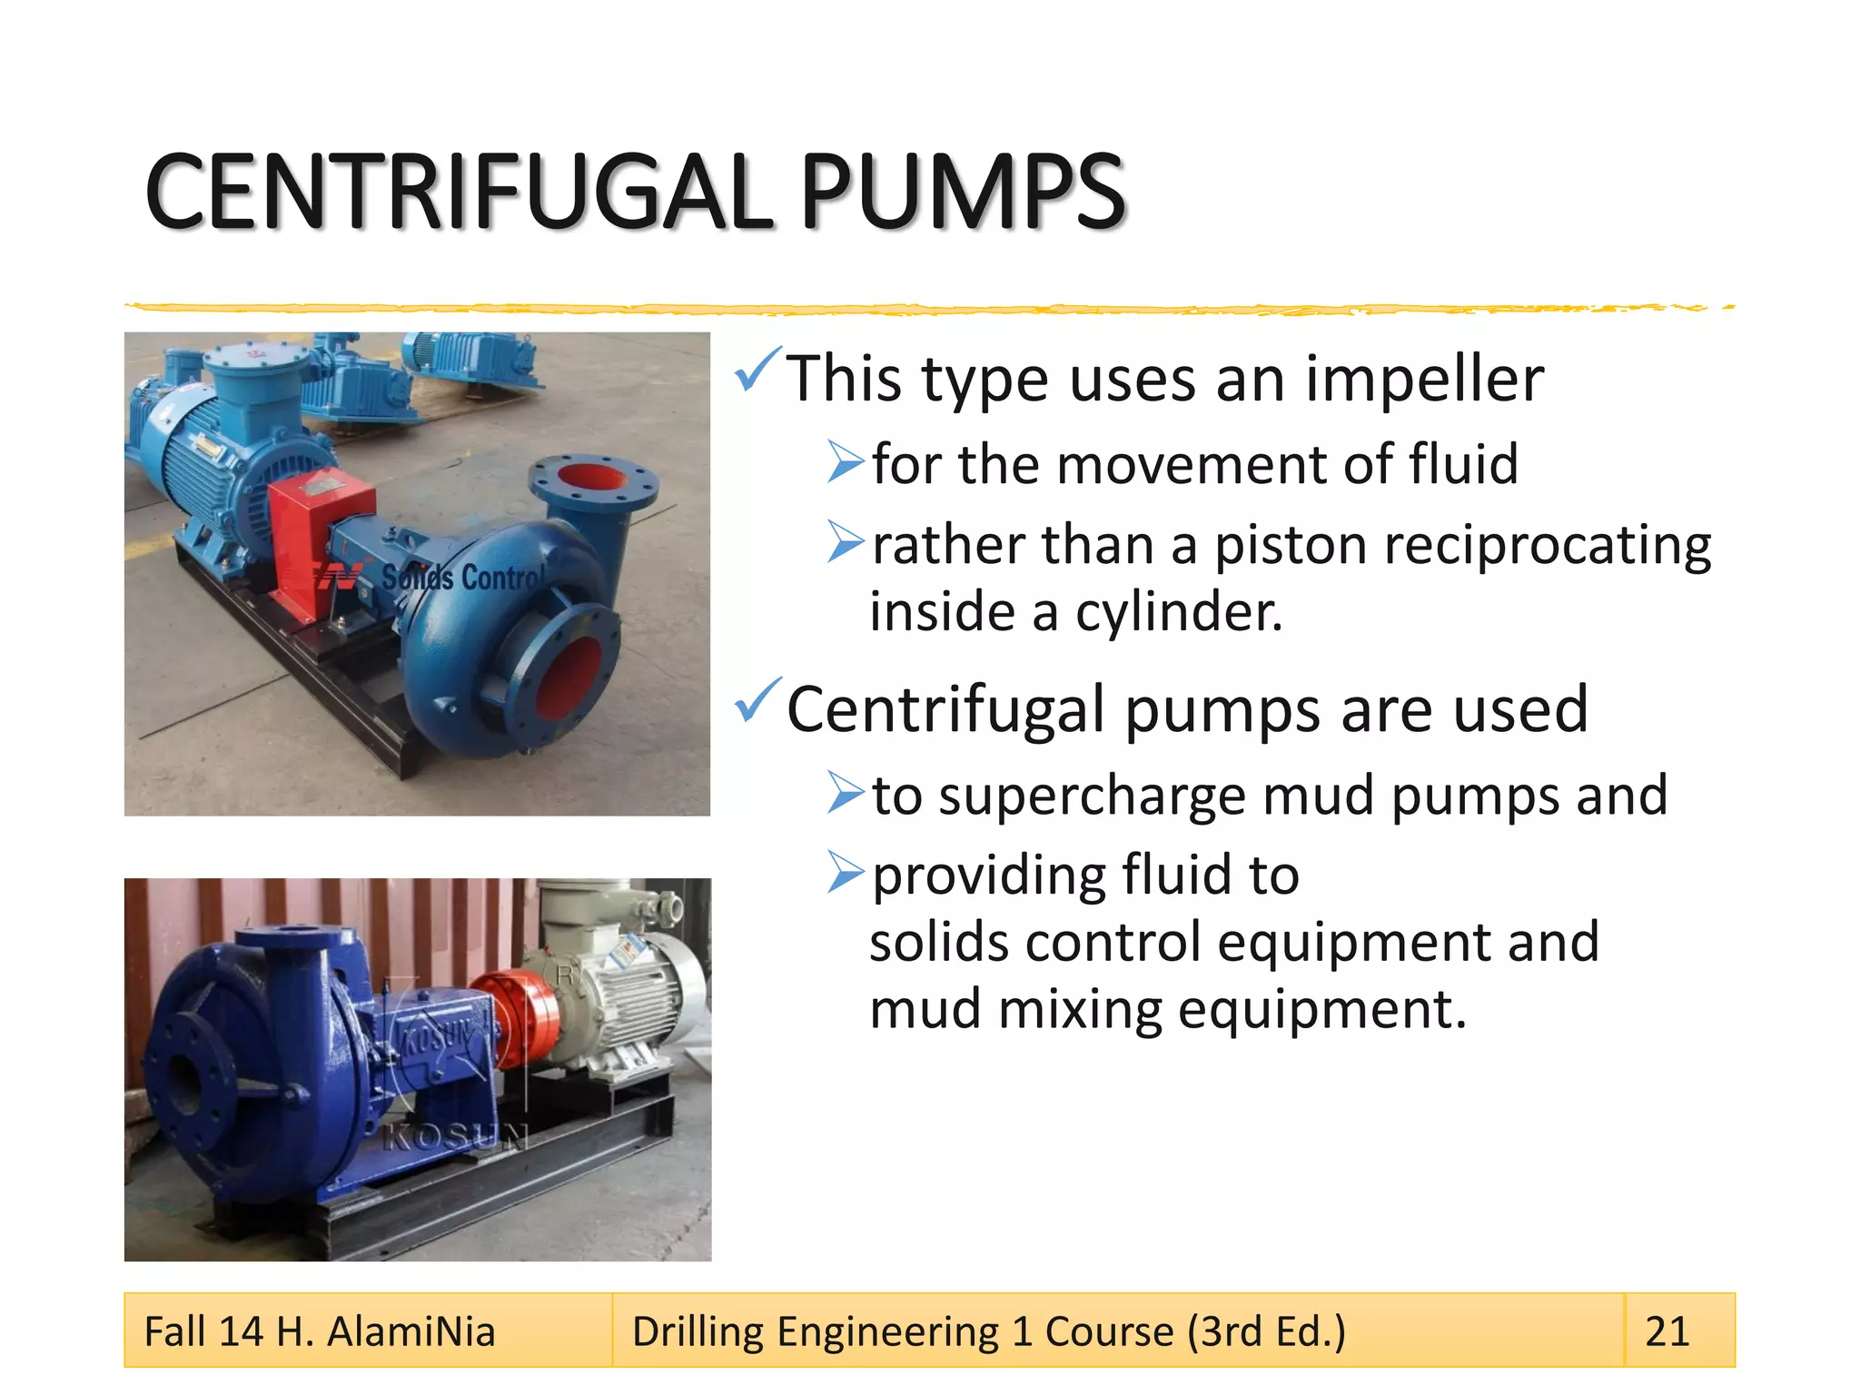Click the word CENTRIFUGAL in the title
(x=459, y=193)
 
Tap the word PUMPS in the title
(x=962, y=193)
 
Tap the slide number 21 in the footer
(x=1667, y=1331)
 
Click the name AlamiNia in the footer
(x=411, y=1331)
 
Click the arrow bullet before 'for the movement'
(x=845, y=462)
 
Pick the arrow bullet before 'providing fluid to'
(x=845, y=874)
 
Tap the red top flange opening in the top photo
(x=591, y=479)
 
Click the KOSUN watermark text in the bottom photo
(x=454, y=1136)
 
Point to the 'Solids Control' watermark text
(x=463, y=578)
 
